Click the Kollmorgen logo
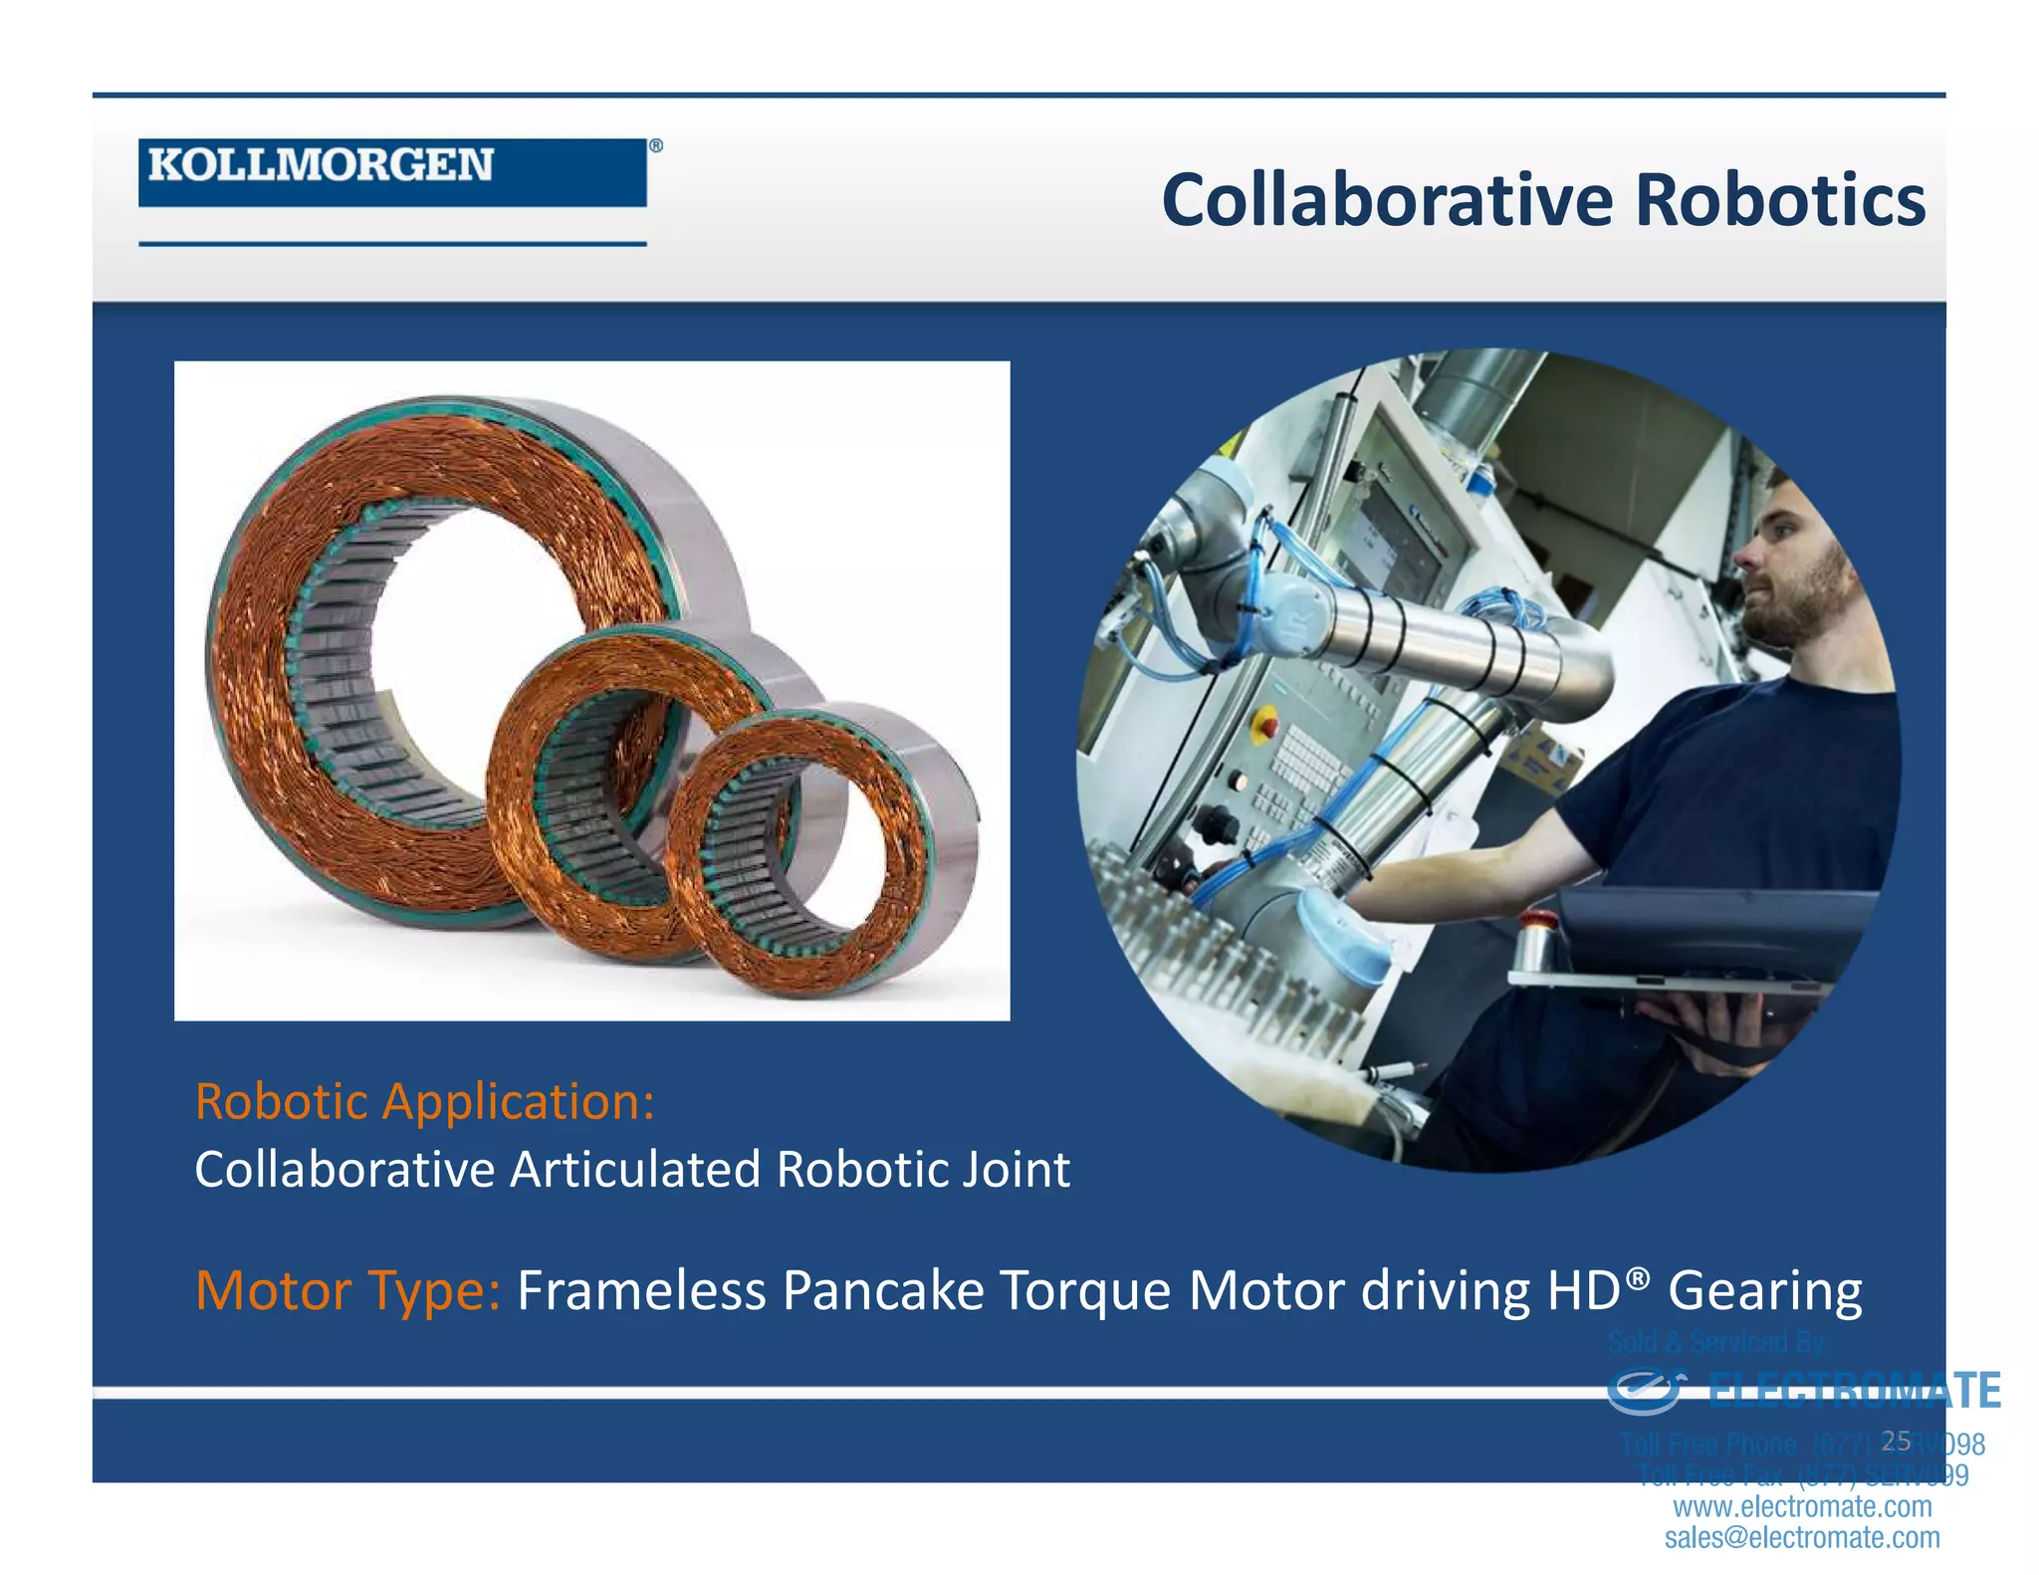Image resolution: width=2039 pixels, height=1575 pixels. (391, 171)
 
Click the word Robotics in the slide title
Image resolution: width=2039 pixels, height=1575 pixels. (1780, 200)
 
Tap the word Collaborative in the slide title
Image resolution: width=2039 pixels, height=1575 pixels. (1386, 200)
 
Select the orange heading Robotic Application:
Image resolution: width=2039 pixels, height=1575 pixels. (424, 1101)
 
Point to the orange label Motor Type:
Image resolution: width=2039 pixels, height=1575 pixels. (347, 1290)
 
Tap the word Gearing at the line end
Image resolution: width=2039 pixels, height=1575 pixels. (1764, 1290)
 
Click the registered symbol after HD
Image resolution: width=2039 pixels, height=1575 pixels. (1638, 1275)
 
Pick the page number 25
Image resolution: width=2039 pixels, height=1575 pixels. (1896, 1441)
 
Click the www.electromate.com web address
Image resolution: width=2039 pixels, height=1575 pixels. (1802, 1506)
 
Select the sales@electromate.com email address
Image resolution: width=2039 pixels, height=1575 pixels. (1802, 1537)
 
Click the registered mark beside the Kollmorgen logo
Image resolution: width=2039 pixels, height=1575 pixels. (655, 146)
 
